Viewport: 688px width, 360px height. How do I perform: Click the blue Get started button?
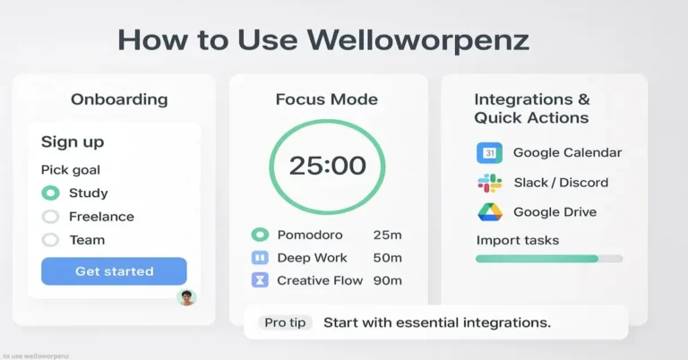point(114,270)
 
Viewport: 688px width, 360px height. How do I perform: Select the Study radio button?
point(51,193)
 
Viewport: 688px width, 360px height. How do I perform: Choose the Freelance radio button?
point(51,216)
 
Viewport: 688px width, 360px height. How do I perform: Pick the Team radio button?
point(51,239)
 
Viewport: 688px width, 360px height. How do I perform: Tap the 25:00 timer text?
point(327,166)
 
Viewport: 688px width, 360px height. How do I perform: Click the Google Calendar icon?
point(489,152)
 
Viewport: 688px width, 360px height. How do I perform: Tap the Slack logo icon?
point(489,183)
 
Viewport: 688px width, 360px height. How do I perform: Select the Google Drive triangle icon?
point(489,212)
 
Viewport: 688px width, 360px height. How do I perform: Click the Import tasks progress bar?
point(548,259)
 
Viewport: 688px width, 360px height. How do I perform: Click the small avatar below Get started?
point(186,297)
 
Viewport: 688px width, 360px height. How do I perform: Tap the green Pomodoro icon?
point(260,235)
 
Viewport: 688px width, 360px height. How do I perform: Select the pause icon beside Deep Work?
point(260,258)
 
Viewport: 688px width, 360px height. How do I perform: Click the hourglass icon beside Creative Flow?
point(260,280)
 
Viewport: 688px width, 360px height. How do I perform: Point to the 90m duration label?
point(387,280)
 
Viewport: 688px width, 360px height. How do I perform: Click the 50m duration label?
point(387,258)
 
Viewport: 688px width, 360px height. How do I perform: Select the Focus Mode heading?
point(326,99)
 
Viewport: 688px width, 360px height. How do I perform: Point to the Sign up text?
point(73,142)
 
